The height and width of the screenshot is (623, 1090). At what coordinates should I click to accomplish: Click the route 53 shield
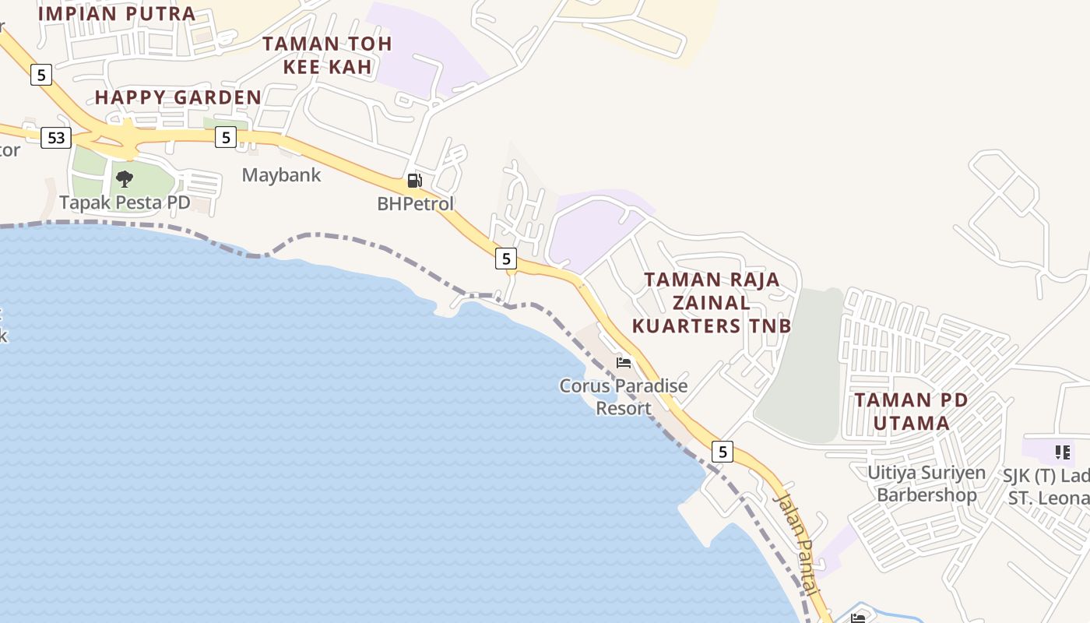pos(56,138)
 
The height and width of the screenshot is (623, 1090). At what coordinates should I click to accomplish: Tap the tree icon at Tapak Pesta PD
pos(124,179)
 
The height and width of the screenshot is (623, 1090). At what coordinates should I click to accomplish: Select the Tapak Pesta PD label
pos(125,202)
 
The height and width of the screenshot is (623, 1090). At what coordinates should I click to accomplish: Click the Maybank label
pos(281,174)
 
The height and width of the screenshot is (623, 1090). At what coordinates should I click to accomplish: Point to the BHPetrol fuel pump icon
pos(414,181)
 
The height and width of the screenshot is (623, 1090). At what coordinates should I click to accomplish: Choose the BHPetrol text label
pos(415,203)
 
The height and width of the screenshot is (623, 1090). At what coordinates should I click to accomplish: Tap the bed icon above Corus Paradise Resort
pos(624,362)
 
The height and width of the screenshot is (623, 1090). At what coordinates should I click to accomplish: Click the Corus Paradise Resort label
pos(624,396)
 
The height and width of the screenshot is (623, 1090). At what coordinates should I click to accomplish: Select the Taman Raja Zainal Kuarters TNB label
pos(712,302)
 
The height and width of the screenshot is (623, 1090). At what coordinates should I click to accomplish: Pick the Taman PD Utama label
pos(911,412)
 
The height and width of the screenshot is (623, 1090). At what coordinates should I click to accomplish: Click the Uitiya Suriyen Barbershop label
pos(926,484)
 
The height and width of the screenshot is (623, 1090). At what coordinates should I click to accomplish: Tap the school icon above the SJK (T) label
pos(1062,452)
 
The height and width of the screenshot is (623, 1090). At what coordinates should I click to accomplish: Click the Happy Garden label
pos(178,97)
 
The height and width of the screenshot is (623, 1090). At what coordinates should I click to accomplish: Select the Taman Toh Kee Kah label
pos(327,55)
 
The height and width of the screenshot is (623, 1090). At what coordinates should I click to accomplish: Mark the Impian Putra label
pos(117,13)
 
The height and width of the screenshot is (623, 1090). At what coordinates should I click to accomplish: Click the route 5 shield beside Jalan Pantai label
pos(723,451)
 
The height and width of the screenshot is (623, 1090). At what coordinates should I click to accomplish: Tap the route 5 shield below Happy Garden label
pos(226,137)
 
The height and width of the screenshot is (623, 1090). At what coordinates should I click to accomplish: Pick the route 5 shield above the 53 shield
pos(41,75)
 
